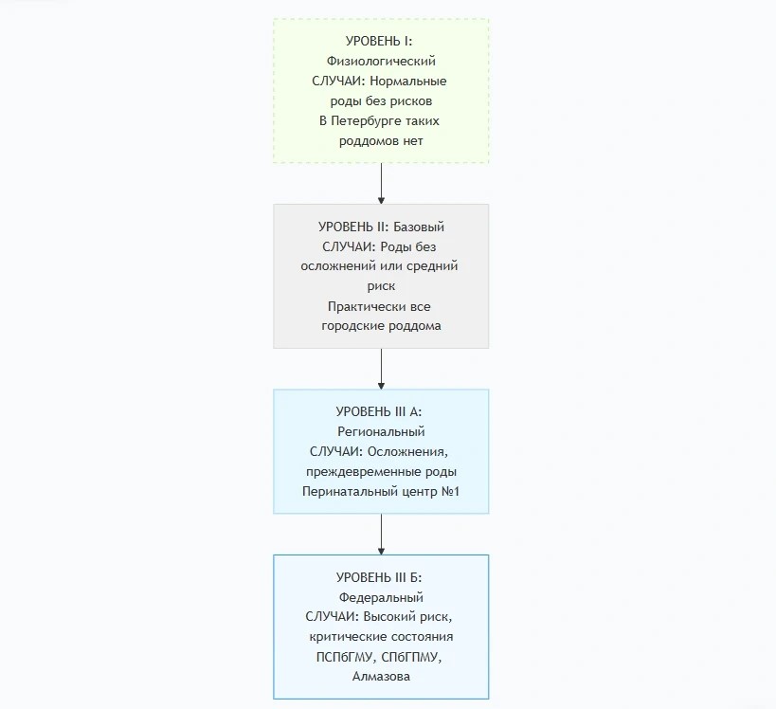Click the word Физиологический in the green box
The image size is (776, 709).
(x=381, y=62)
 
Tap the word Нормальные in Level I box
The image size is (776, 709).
(x=408, y=81)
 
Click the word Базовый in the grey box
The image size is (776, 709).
(x=419, y=227)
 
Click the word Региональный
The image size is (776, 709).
(x=381, y=431)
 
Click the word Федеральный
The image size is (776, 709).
(x=381, y=597)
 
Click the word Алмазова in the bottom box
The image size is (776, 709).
(x=381, y=677)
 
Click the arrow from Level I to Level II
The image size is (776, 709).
(x=381, y=184)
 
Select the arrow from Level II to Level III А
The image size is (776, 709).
(x=381, y=369)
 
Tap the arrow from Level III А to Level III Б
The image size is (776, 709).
(x=381, y=535)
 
